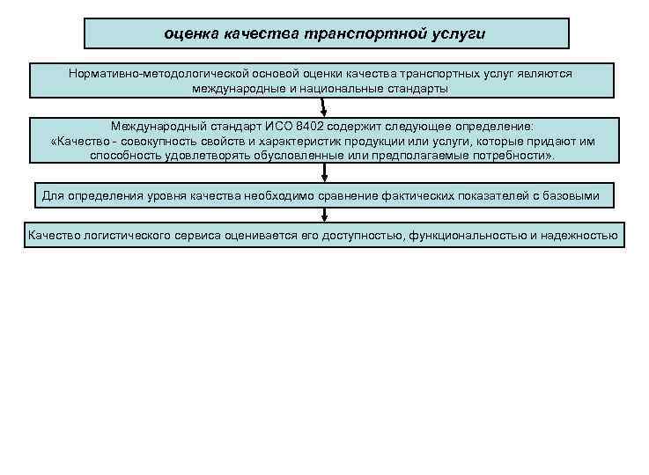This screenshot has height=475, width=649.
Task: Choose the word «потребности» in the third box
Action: (508, 155)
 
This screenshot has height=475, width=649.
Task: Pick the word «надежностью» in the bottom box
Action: (582, 236)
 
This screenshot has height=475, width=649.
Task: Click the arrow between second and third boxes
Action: (324, 106)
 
